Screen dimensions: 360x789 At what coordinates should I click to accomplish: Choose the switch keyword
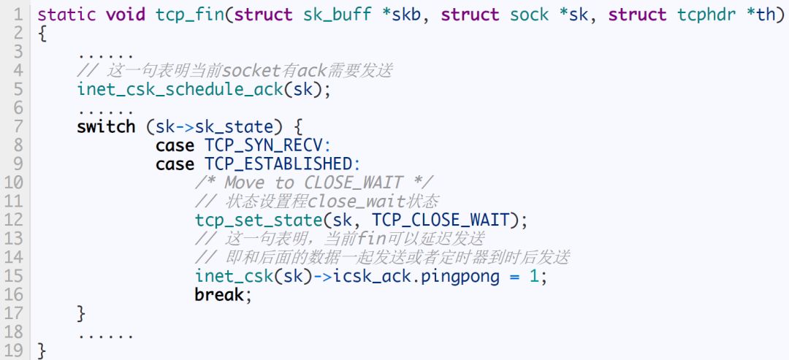click(106, 126)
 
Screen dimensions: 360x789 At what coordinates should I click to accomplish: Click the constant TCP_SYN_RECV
click(268, 145)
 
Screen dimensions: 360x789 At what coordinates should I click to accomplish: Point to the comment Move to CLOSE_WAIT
click(314, 183)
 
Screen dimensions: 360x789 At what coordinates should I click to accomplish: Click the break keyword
click(219, 295)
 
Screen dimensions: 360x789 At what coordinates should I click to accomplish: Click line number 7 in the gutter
click(19, 126)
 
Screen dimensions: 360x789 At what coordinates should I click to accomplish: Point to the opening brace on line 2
click(42, 34)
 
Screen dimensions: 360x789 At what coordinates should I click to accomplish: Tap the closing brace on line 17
click(81, 314)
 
